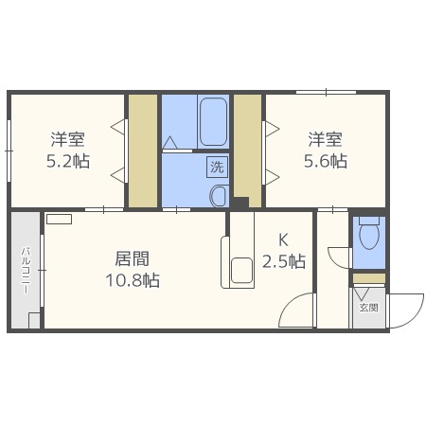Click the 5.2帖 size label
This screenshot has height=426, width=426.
point(68,161)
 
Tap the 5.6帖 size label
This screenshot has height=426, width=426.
point(326,161)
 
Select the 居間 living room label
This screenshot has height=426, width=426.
point(132,258)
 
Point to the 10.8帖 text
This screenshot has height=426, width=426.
point(132,280)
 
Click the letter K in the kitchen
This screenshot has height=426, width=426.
point(282,240)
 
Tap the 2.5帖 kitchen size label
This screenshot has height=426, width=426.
point(283,261)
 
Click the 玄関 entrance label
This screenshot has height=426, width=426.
point(368,308)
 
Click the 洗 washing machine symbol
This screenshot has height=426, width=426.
point(216,168)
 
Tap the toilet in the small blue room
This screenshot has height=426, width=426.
point(369,232)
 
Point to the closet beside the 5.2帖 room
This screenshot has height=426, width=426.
point(143,151)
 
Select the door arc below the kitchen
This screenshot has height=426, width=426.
point(301,311)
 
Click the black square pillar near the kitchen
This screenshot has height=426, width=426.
point(241,203)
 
